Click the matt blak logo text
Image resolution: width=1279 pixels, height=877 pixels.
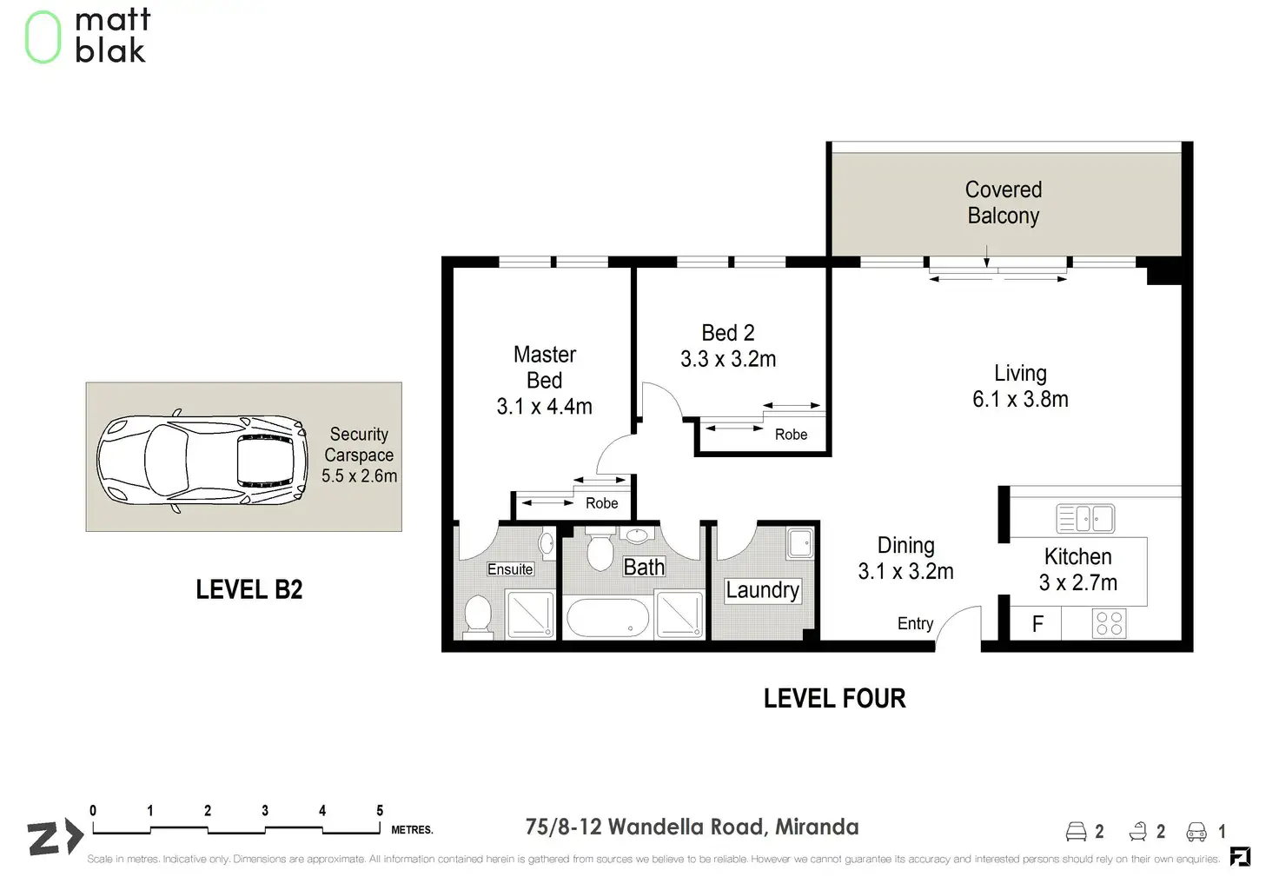tap(112, 36)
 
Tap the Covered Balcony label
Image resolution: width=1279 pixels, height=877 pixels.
tap(1004, 203)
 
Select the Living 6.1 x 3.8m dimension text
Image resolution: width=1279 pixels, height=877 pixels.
tap(1020, 399)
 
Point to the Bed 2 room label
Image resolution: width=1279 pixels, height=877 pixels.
tap(728, 333)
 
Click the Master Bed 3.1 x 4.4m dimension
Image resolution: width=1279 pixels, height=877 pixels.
tap(544, 407)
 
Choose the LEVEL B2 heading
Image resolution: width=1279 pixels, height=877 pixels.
tap(249, 589)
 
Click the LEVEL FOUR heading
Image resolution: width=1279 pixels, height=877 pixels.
tap(835, 698)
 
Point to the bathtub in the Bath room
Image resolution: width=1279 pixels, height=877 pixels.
tap(608, 618)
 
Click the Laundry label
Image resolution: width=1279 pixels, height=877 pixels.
tap(762, 589)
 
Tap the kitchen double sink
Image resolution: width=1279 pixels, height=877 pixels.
tap(1085, 519)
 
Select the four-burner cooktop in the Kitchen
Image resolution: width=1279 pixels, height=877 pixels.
tap(1109, 623)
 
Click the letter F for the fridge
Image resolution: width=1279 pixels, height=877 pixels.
tap(1038, 623)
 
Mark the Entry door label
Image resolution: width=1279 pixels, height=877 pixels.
tap(915, 623)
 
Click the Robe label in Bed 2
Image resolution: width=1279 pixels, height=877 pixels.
tap(791, 435)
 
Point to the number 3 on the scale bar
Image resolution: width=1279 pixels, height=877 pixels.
tap(265, 810)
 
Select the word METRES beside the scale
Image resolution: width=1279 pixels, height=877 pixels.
tap(412, 829)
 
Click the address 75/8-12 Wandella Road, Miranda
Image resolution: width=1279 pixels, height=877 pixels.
tap(692, 827)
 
